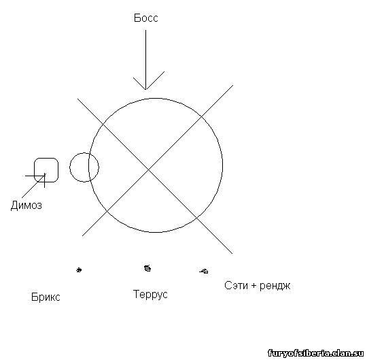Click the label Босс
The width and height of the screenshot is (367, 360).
pyautogui.click(x=146, y=18)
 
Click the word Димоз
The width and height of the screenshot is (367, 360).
pyautogui.click(x=27, y=206)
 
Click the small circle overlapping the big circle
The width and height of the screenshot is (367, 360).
pyautogui.click(x=70, y=167)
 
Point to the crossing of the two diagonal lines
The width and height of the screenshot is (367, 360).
pyautogui.click(x=148, y=169)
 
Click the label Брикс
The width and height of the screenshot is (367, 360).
pyautogui.click(x=46, y=297)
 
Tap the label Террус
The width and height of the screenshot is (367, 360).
pyautogui.click(x=150, y=294)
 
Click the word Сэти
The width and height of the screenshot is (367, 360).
pyautogui.click(x=236, y=285)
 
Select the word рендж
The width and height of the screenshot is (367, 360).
pyautogui.click(x=275, y=286)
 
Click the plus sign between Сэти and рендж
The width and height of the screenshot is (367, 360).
pyautogui.click(x=254, y=286)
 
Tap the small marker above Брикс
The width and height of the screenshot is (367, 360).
pyautogui.click(x=79, y=270)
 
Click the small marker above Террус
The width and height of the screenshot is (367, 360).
pyautogui.click(x=147, y=268)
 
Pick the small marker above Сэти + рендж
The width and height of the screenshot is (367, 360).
pyautogui.click(x=204, y=271)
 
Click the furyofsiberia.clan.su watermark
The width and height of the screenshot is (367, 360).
pyautogui.click(x=315, y=353)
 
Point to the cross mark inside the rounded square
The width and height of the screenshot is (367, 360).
pyautogui.click(x=44, y=176)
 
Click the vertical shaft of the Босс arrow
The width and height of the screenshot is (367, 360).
pyautogui.click(x=146, y=60)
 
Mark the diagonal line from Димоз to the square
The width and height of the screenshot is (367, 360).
pyautogui.click(x=33, y=186)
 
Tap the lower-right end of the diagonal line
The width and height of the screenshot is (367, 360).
pyautogui.click(x=232, y=254)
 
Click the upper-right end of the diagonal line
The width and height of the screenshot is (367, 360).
pyautogui.click(x=233, y=85)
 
